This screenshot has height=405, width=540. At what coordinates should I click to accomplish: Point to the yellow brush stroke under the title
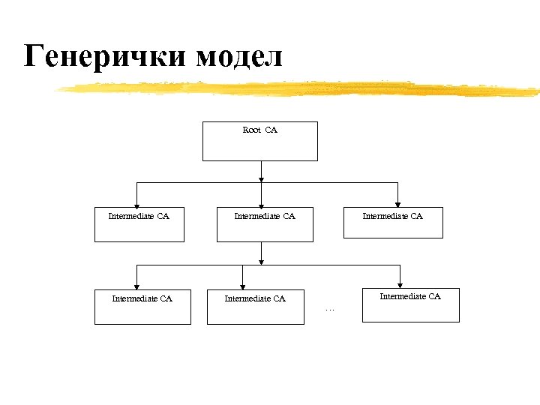[300, 89]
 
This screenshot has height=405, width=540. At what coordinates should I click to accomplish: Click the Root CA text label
[260, 130]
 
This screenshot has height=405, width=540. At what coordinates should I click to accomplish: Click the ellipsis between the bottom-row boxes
[329, 308]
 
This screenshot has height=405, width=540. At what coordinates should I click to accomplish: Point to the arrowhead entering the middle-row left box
[136, 203]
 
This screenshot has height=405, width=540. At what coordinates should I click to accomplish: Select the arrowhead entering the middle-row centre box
[261, 203]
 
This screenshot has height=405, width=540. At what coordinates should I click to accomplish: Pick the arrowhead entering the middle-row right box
[398, 203]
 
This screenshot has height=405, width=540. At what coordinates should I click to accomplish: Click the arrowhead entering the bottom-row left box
[136, 286]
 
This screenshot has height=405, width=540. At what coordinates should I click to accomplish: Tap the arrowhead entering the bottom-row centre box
[243, 286]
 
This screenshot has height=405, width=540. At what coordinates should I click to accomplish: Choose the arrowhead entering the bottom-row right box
[400, 284]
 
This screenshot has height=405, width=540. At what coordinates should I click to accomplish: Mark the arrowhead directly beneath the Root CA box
[261, 178]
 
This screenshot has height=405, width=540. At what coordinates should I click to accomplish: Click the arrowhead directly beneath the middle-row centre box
[261, 261]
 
